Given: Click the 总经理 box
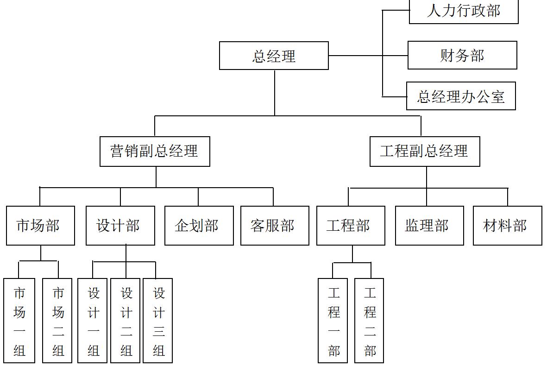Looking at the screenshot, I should click(274, 56).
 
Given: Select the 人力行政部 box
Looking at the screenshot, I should click(464, 11).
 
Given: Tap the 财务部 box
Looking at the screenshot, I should click(462, 55).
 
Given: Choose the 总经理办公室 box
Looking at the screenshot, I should click(461, 96).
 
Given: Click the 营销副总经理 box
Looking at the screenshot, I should click(155, 151).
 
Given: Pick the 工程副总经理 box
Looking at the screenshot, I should click(425, 151).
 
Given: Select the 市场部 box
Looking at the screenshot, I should click(40, 226).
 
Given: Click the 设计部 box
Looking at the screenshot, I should click(120, 226).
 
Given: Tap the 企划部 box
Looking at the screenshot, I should click(199, 226).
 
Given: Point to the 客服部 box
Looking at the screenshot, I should click(275, 226).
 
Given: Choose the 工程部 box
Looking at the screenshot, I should click(351, 226).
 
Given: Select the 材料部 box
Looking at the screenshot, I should click(507, 226).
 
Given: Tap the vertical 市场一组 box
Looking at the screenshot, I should click(19, 321).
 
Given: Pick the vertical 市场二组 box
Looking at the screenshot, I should click(57, 321).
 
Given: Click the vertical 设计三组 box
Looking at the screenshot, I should click(158, 321).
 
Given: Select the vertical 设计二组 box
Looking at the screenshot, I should click(125, 321).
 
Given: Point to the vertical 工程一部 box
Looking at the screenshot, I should click(333, 321).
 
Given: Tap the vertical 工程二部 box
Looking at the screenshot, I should click(369, 321).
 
